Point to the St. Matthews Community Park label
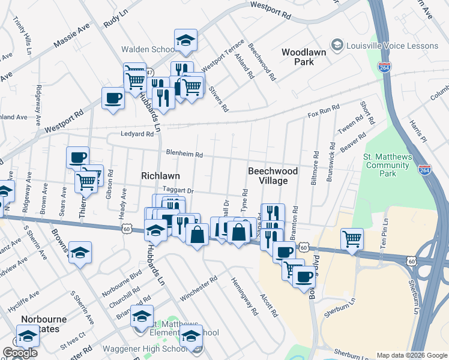tap(388, 165)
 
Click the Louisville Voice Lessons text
tap(393, 46)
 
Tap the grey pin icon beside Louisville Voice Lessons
tap(337, 46)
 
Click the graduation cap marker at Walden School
tap(186, 41)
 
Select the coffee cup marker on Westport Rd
tap(113, 98)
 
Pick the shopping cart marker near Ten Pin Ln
tap(352, 238)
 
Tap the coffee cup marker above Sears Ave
tap(77, 158)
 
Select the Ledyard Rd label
tap(137, 134)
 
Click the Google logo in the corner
tap(20, 353)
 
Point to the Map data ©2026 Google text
tap(411, 355)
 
